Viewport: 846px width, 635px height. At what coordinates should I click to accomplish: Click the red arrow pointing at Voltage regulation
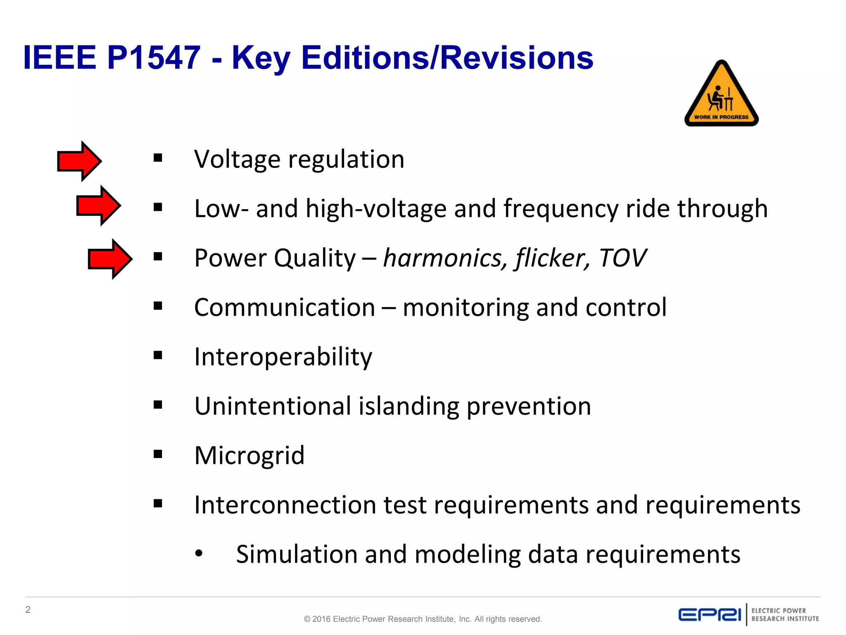79,161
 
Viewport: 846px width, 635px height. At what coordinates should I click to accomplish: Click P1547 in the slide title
154,57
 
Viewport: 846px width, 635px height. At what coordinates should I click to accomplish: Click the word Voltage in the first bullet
237,160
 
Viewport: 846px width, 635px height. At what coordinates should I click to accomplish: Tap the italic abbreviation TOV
623,258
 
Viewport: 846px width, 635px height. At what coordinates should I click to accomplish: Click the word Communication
285,308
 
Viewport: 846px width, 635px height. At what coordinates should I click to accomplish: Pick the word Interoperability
283,357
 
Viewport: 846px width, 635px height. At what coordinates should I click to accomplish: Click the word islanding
409,406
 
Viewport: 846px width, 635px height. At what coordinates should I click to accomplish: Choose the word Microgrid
250,456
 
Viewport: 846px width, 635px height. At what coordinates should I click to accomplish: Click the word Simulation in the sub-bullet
296,554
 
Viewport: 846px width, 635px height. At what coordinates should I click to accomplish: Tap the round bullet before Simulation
199,553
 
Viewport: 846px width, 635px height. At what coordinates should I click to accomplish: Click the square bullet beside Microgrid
158,454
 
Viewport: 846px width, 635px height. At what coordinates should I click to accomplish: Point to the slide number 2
28,610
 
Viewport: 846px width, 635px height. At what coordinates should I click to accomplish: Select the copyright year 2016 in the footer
321,619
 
